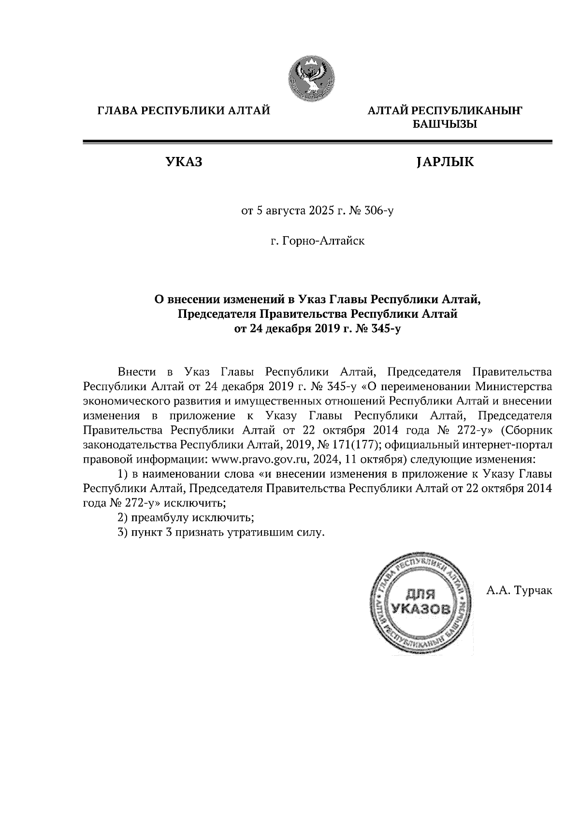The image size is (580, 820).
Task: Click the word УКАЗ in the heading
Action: (184, 163)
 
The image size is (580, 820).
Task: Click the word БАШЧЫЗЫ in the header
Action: (444, 125)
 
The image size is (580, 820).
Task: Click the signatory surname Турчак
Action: (534, 590)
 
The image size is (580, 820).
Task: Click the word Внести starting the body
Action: (137, 372)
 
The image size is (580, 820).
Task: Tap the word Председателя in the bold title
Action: (218, 314)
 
